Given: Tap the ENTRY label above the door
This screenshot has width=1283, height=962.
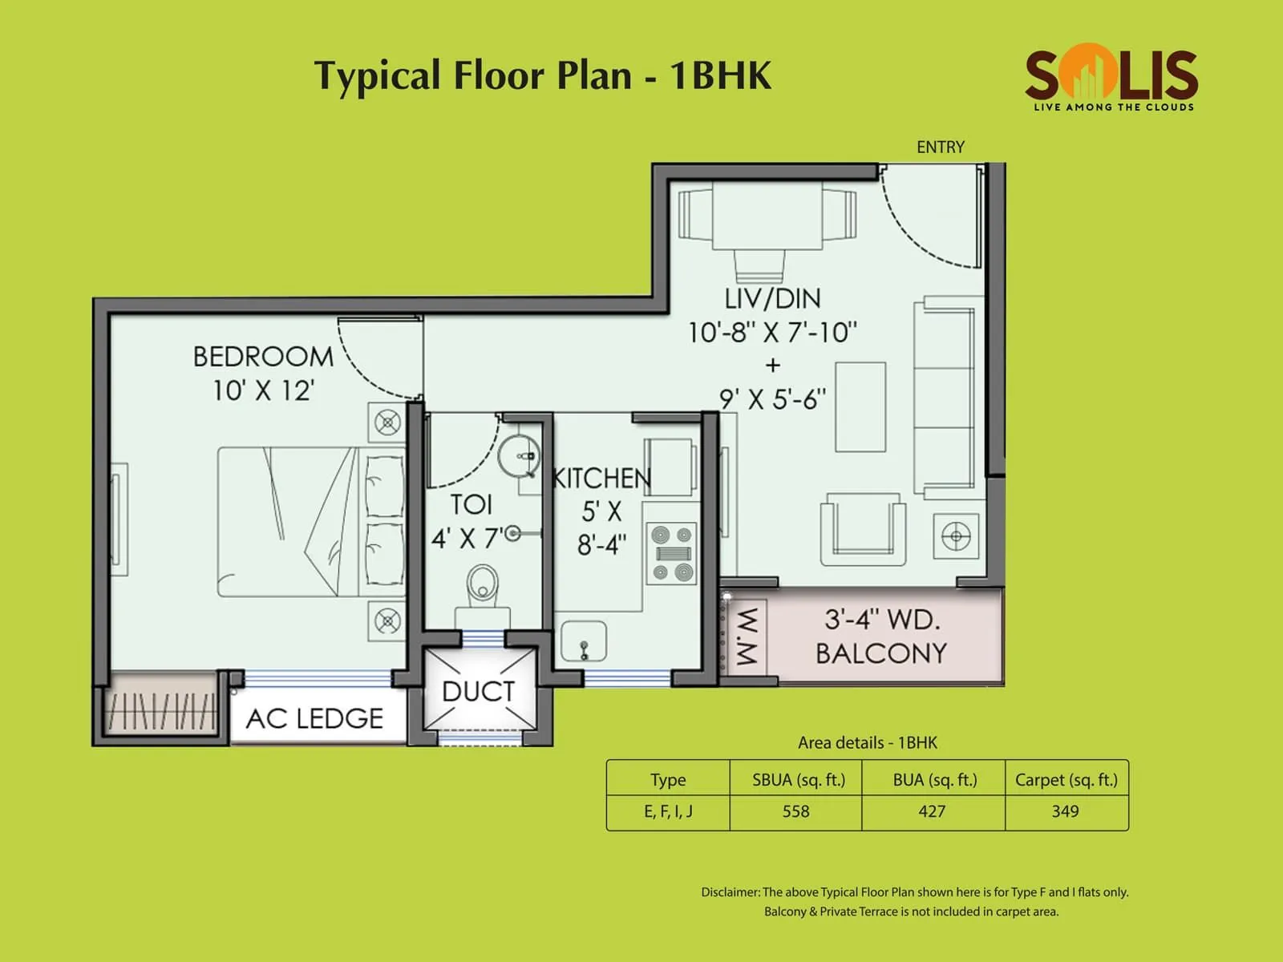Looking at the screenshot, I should (x=940, y=147).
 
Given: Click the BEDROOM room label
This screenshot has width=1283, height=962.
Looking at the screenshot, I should (x=263, y=357).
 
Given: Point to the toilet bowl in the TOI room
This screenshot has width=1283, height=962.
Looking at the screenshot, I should (x=482, y=583).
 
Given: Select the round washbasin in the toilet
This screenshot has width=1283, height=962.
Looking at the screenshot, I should (x=519, y=456).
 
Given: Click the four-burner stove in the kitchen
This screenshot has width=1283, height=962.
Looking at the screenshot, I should (x=672, y=553).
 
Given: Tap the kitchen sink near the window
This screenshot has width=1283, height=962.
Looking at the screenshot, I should (x=583, y=642).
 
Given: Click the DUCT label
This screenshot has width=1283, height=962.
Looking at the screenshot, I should (x=478, y=691).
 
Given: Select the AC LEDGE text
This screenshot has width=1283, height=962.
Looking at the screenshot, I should (x=314, y=718).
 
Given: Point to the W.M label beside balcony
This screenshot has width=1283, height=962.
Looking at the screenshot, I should (x=746, y=637).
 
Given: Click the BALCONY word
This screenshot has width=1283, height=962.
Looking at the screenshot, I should (x=881, y=653).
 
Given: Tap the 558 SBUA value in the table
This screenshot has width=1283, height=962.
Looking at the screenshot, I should (x=795, y=811).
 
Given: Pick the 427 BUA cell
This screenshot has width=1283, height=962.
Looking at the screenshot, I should (x=932, y=811).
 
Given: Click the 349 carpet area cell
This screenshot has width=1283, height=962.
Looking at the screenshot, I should (x=1065, y=811).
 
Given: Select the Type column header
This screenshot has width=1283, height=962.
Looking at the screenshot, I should (x=668, y=779).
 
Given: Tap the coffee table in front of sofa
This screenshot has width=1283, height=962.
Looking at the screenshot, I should (x=860, y=407).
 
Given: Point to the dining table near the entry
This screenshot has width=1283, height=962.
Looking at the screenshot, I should (x=767, y=216).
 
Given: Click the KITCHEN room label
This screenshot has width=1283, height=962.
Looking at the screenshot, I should (x=601, y=479).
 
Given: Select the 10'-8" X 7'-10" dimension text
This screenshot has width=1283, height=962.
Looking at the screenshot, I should (x=772, y=332).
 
